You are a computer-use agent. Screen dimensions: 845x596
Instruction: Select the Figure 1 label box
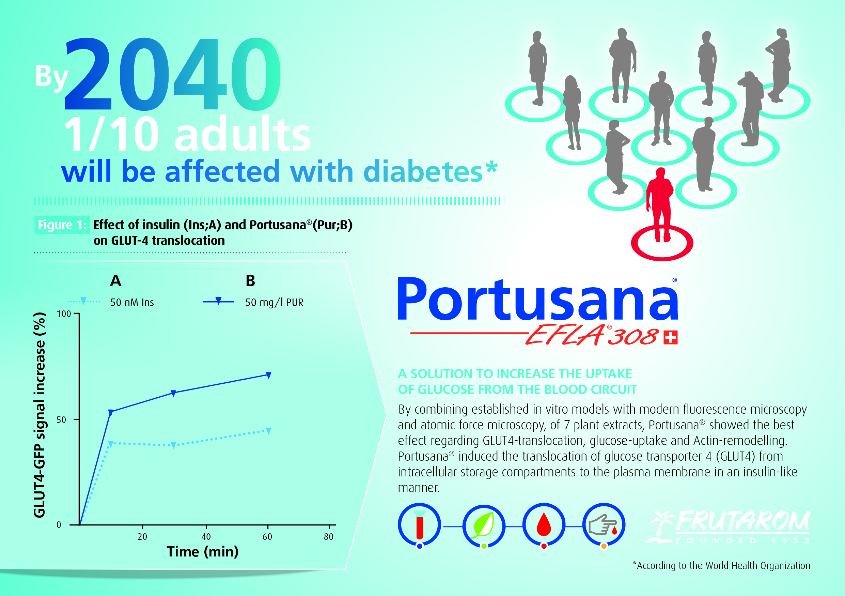tap(62, 225)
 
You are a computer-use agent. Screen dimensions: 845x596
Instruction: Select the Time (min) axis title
tap(202, 551)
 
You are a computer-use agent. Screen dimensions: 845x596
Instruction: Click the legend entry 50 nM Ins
tap(111, 302)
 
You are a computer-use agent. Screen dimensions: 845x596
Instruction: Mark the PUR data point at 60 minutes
tap(269, 375)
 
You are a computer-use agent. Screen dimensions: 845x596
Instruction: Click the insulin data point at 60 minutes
tap(269, 431)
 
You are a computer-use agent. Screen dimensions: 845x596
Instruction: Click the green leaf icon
tap(484, 526)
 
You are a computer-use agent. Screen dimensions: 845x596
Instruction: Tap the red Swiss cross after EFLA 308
tap(671, 338)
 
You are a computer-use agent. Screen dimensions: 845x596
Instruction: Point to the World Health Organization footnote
tap(721, 565)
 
